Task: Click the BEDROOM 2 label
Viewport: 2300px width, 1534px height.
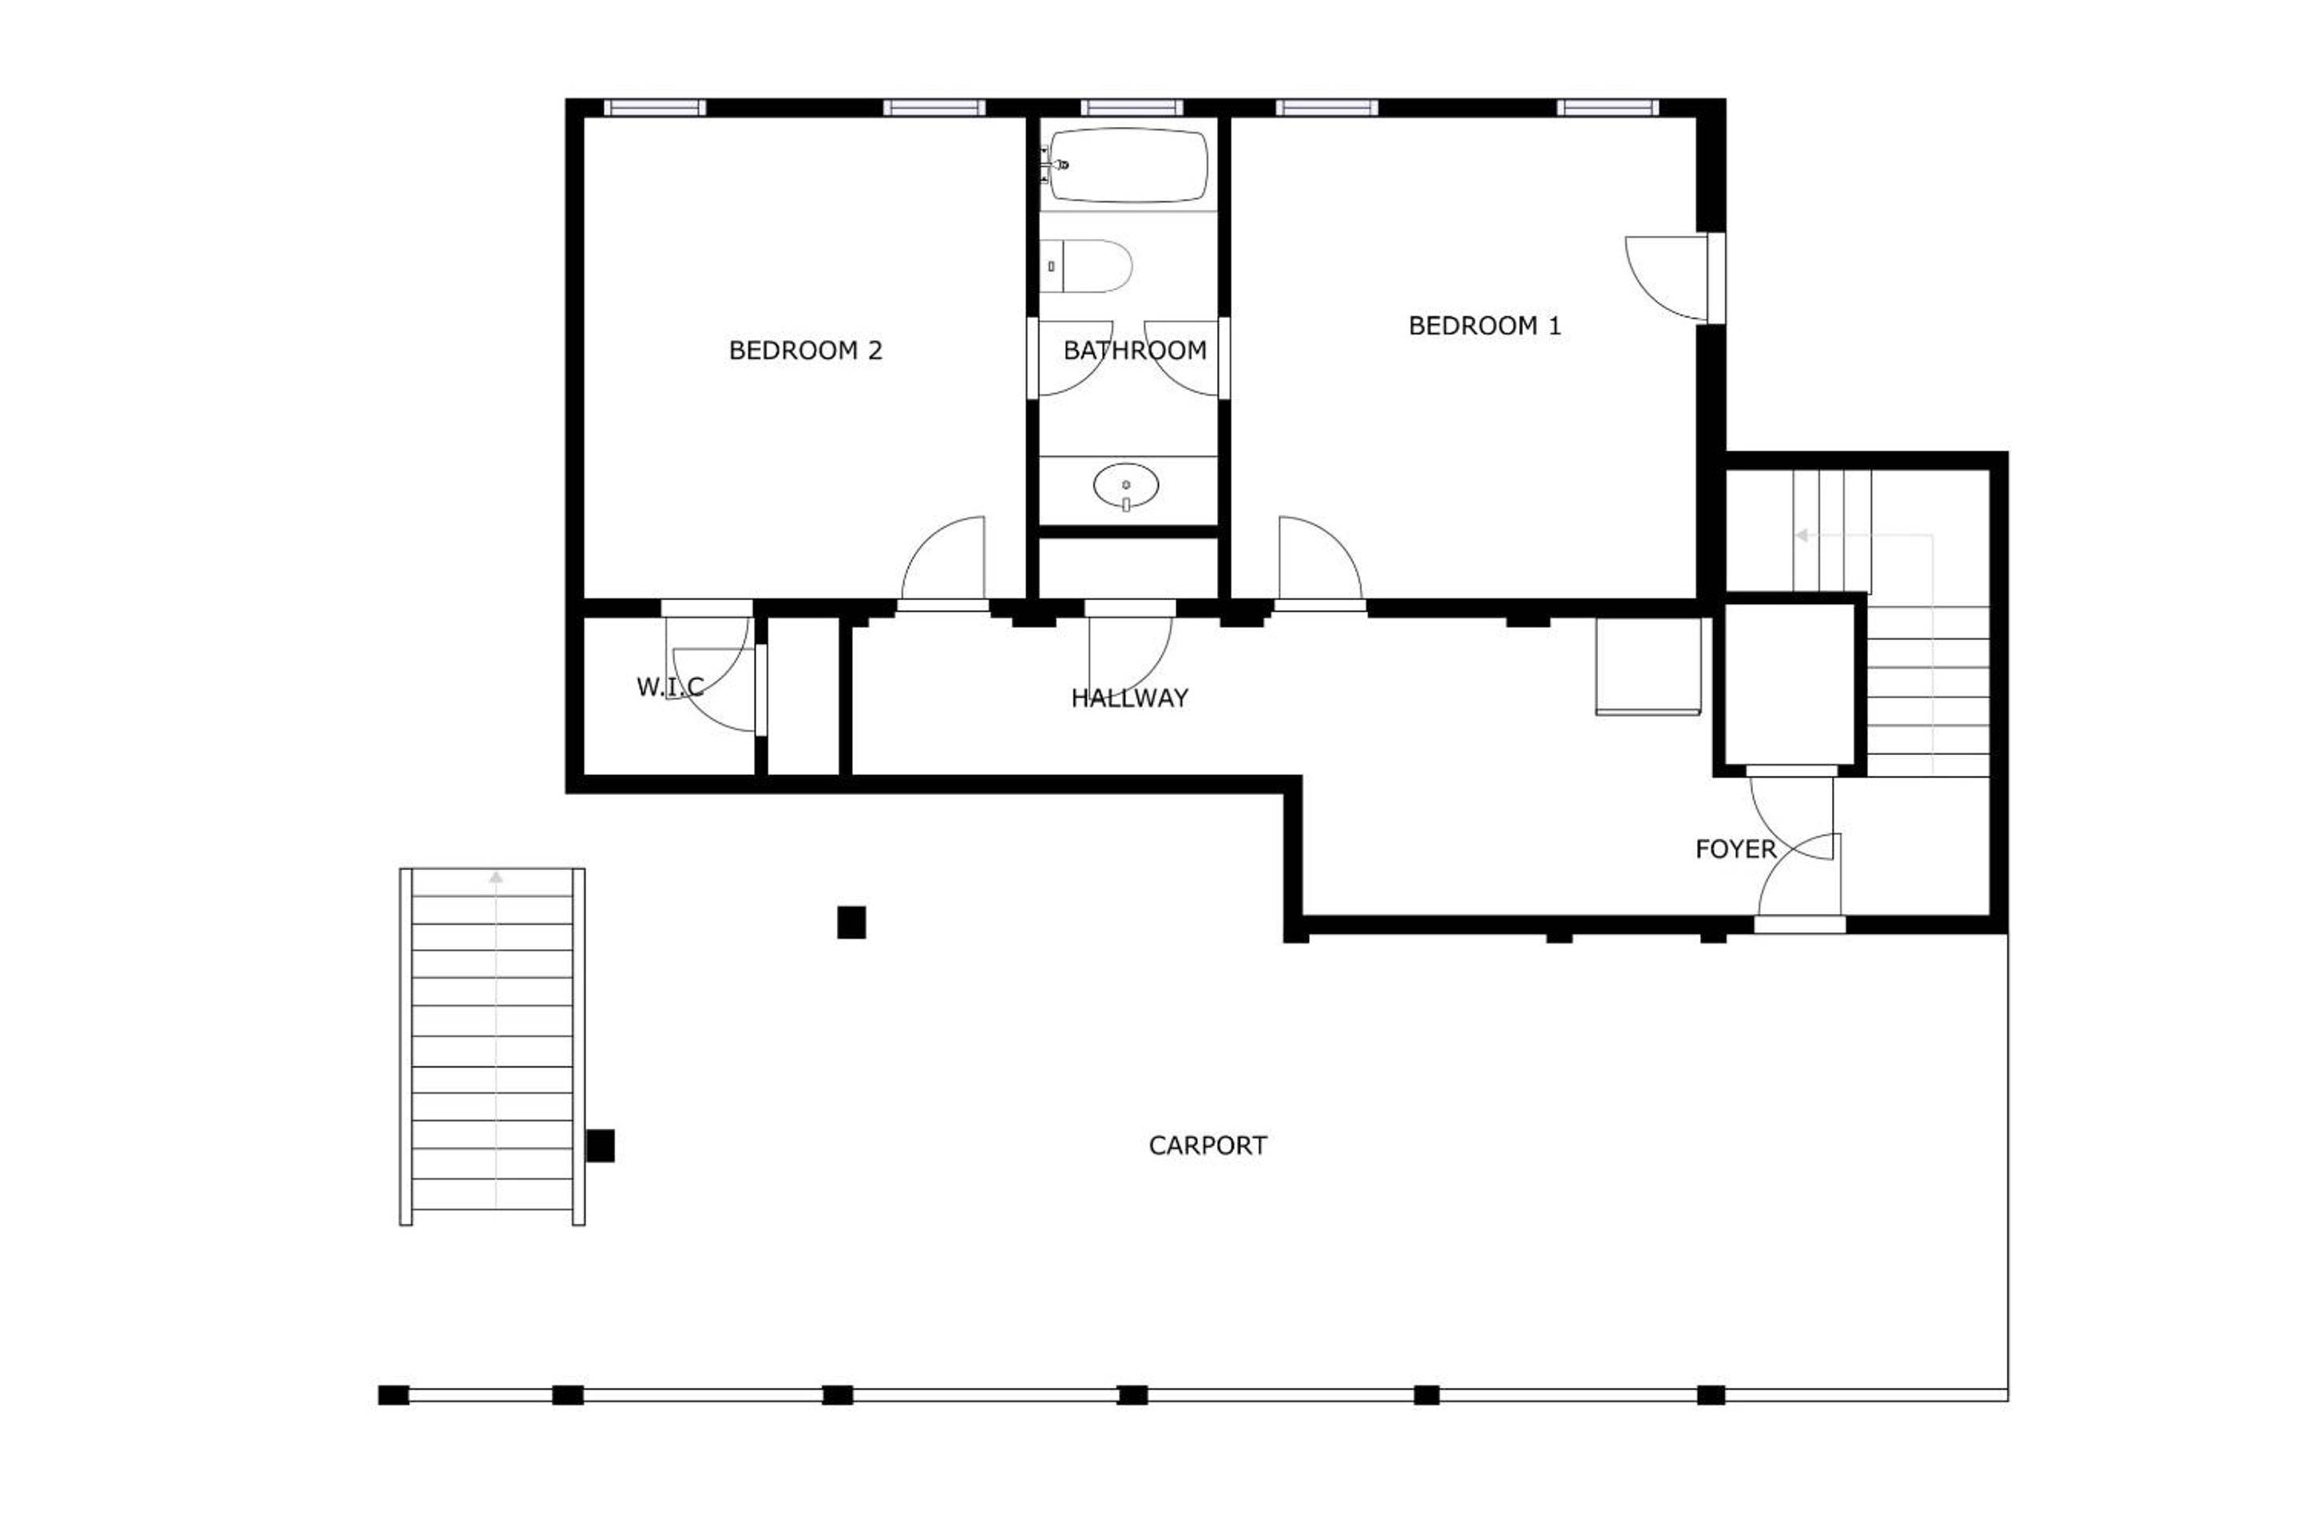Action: pos(806,350)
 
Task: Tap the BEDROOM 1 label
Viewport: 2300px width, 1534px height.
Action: pos(1485,326)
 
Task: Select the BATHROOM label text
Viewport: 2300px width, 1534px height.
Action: pos(1134,350)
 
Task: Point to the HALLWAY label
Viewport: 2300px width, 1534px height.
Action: pos(1129,697)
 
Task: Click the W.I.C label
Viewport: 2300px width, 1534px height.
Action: pos(670,687)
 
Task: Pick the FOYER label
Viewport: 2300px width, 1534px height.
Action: pos(1735,849)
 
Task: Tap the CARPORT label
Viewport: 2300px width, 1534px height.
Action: pos(1207,1146)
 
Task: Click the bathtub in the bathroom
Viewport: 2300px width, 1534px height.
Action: pos(1128,165)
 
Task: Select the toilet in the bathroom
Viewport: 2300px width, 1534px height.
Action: pos(1085,266)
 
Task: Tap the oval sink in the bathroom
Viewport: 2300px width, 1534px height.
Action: pos(1125,485)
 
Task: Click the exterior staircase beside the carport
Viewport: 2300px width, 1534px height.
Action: pos(492,1047)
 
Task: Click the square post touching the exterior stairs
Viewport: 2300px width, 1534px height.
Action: pos(601,1146)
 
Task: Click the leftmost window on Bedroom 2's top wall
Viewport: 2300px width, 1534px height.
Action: pos(654,108)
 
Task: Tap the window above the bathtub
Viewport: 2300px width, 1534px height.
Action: pos(1132,108)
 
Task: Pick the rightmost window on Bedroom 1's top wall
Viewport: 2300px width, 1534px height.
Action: pos(1608,108)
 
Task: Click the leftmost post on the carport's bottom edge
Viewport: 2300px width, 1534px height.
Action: pos(393,1395)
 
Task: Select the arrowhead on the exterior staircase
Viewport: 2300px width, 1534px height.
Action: pos(496,877)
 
